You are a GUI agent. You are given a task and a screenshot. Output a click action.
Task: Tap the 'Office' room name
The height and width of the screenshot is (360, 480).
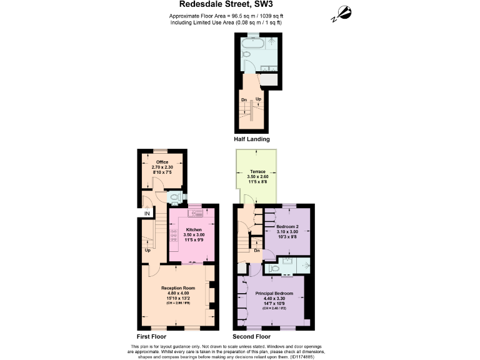[162, 162]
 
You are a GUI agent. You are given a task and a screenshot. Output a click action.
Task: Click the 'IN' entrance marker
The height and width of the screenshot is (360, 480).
[147, 214]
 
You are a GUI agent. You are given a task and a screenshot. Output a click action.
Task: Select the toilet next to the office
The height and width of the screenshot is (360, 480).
[175, 197]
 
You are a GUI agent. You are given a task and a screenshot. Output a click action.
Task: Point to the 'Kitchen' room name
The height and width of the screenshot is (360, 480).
[194, 229]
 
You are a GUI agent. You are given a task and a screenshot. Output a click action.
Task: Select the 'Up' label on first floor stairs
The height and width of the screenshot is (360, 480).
[147, 251]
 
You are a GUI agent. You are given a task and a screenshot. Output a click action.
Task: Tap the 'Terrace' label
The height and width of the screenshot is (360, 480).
[257, 171]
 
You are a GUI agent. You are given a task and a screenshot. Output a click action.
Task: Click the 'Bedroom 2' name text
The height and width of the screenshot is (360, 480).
[287, 226]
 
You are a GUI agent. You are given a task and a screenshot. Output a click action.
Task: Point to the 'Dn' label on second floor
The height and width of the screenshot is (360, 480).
[257, 251]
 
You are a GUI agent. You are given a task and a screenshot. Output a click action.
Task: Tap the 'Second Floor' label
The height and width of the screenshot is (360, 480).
[252, 336]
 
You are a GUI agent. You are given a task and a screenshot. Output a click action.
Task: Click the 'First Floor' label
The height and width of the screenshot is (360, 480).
[151, 336]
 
